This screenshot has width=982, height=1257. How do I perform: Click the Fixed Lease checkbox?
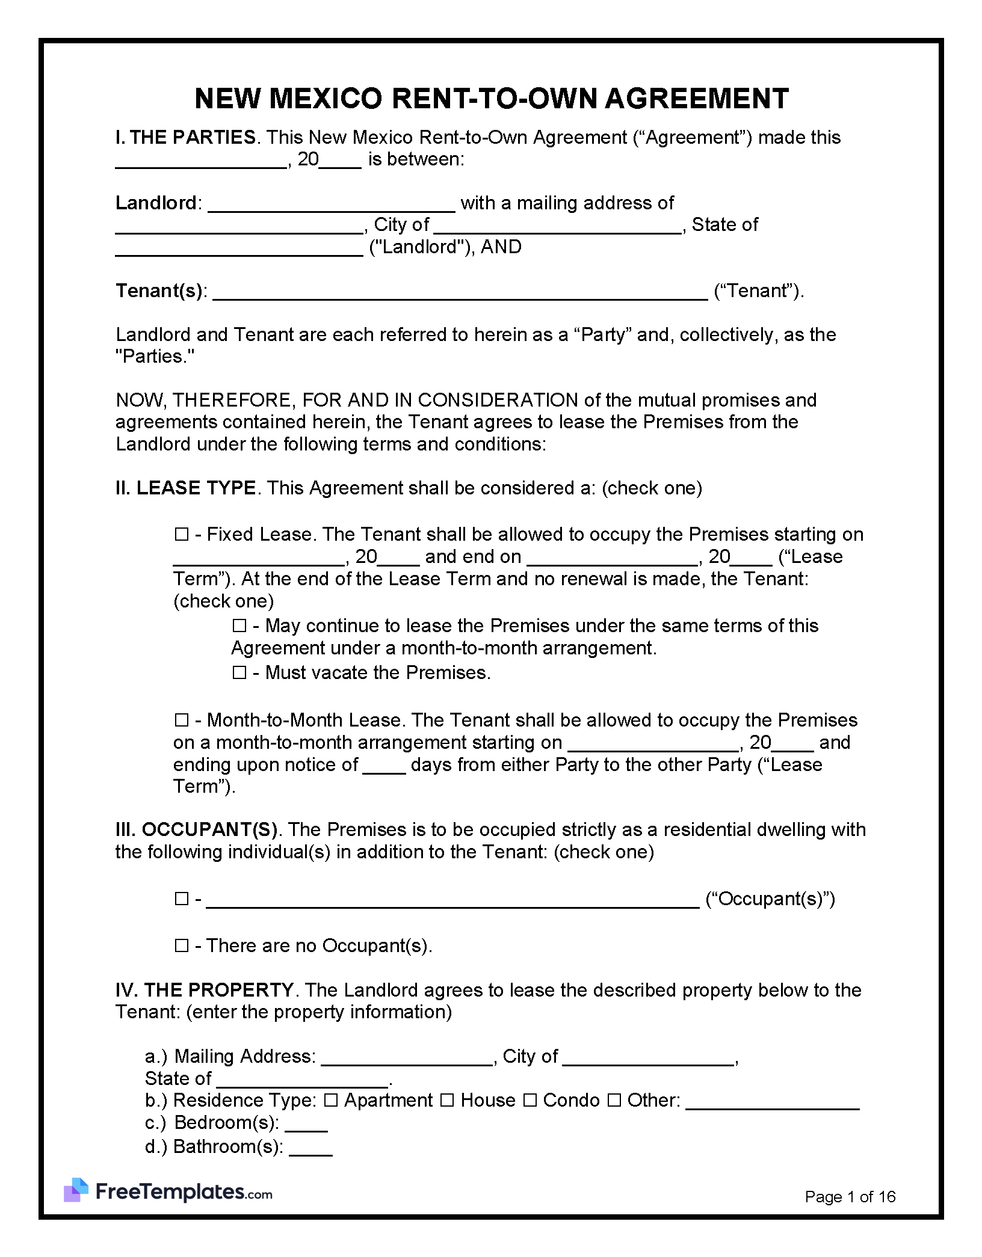point(181,534)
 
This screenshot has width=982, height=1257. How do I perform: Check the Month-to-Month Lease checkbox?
point(181,720)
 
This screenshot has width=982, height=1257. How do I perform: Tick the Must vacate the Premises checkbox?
point(239,672)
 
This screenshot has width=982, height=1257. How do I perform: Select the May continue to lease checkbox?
point(239,625)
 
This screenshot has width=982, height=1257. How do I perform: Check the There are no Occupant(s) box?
point(181,945)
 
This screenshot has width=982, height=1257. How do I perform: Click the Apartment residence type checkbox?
point(331,1100)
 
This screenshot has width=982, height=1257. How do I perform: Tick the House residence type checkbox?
point(447,1100)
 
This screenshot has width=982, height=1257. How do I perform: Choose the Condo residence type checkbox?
point(530,1100)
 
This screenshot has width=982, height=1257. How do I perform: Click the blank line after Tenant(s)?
point(460,292)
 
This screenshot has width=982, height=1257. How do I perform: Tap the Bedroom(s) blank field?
point(306,1123)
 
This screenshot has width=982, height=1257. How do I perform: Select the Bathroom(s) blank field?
point(310,1148)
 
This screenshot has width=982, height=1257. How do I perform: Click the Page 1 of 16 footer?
point(850,1196)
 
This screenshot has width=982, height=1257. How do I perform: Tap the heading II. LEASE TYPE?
point(185,488)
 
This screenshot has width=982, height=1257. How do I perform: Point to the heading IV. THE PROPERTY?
point(204,990)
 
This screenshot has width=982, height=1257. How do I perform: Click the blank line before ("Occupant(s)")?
point(452,900)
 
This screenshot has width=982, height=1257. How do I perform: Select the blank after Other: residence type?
point(772,1101)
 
